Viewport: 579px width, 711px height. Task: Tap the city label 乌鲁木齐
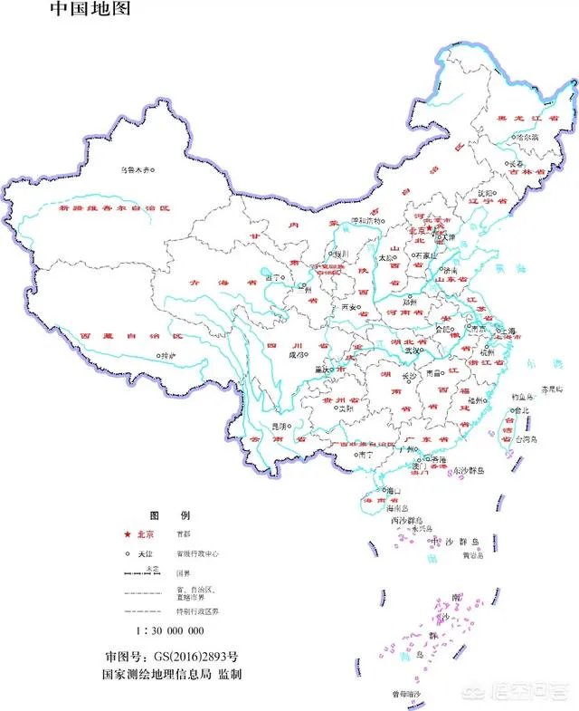[x=135, y=169]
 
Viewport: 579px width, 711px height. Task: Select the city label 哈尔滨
[x=527, y=137]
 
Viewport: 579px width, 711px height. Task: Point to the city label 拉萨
[x=168, y=356]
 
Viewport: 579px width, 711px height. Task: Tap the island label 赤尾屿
[x=551, y=389]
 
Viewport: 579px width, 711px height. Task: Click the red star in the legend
[x=128, y=536]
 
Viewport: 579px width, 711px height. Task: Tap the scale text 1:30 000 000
[x=170, y=630]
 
